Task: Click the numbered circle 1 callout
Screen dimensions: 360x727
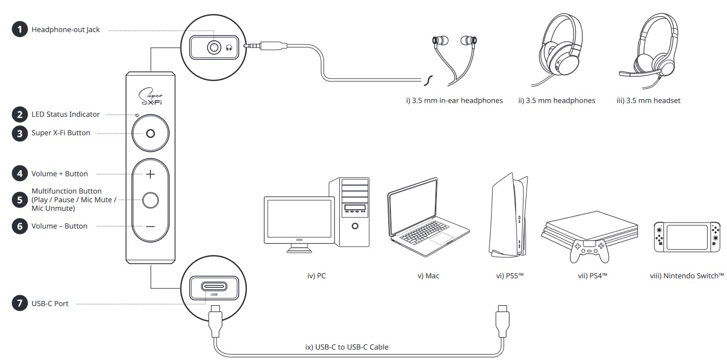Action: (x=20, y=30)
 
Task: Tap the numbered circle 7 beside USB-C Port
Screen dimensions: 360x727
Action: (x=20, y=304)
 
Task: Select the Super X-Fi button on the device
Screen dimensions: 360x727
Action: (x=150, y=134)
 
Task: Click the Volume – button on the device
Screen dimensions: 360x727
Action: (x=150, y=226)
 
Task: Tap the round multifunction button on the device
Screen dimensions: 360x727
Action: (x=150, y=200)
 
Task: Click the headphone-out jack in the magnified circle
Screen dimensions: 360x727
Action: (x=214, y=48)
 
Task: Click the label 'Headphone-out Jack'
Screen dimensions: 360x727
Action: (x=66, y=30)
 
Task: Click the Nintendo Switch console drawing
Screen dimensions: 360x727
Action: (x=687, y=237)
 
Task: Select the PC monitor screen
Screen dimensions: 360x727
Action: (x=298, y=218)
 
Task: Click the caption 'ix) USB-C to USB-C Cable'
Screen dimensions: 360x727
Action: (x=347, y=346)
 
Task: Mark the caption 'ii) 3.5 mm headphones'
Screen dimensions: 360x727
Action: (x=557, y=100)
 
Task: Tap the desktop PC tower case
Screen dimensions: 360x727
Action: (x=350, y=212)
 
